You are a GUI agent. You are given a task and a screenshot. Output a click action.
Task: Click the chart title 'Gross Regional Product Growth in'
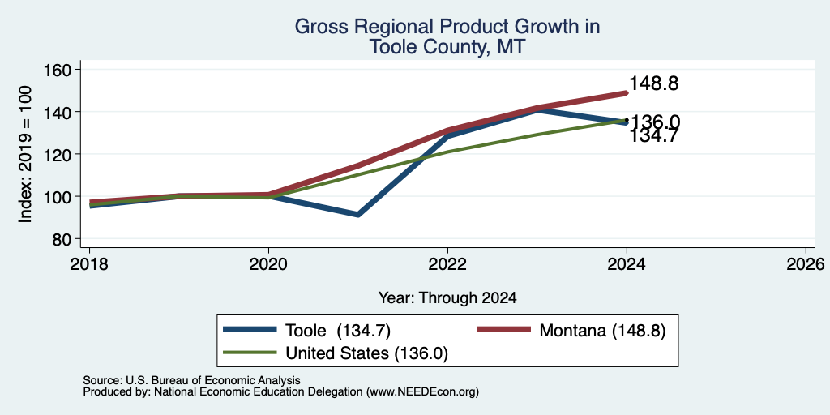[447, 27]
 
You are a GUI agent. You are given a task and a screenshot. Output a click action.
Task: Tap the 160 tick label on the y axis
[60, 70]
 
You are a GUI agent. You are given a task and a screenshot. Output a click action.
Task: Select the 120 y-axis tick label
[60, 155]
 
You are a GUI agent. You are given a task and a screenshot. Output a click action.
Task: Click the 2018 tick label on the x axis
[89, 264]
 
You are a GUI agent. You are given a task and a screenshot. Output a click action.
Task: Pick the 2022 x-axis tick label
[447, 264]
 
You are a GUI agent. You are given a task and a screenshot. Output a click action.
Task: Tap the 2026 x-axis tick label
[806, 264]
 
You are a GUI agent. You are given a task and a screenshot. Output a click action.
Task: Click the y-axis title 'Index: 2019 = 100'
[25, 154]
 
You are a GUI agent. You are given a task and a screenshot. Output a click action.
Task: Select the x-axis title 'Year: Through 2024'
[447, 298]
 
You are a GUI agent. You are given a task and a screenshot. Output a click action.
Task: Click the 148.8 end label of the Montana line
[654, 83]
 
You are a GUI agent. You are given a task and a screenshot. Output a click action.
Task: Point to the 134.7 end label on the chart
[654, 136]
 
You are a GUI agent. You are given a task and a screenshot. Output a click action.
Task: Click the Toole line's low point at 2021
[358, 215]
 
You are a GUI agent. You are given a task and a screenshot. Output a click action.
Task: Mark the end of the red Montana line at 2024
[627, 93]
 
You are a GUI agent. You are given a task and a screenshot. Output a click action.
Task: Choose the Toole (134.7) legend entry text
[338, 331]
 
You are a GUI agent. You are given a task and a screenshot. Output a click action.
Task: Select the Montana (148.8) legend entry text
[602, 331]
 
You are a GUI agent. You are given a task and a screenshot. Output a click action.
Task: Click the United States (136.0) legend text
[367, 353]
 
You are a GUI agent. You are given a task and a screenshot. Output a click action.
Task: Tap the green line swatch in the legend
[250, 353]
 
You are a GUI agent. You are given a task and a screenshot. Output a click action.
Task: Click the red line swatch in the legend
[504, 330]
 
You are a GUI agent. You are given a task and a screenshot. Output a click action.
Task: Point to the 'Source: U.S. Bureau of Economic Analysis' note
[191, 380]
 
